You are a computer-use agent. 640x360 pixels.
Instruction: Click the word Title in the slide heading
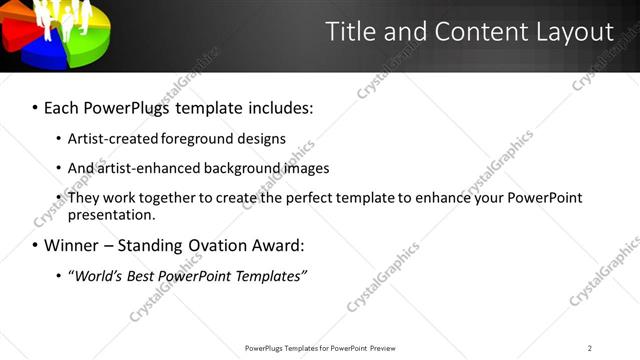point(354,32)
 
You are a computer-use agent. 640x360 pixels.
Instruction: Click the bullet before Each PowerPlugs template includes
point(35,106)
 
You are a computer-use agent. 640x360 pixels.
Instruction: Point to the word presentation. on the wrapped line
point(112,214)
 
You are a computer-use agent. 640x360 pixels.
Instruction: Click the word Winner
point(72,245)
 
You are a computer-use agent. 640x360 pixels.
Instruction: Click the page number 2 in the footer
point(590,348)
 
